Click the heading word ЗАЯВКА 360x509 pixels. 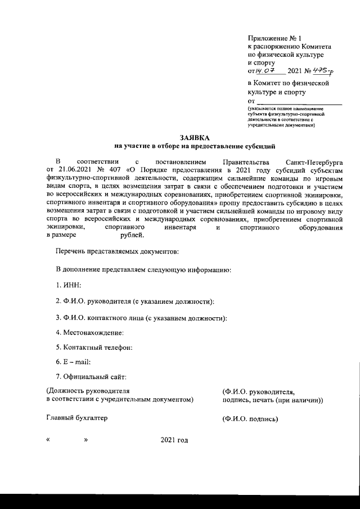tap(194, 137)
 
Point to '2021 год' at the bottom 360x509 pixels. tap(174, 439)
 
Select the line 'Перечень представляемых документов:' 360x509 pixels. tap(117, 249)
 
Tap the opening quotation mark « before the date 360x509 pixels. tap(48, 439)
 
